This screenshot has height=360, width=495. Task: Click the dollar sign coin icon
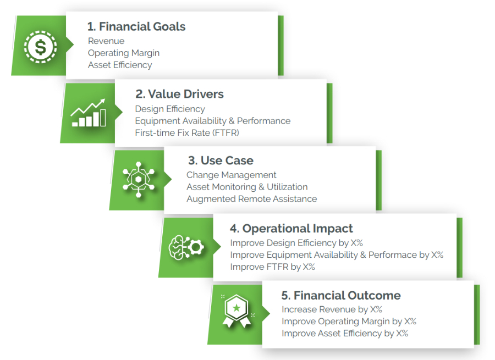tap(40, 46)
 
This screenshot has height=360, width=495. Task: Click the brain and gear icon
tap(186, 247)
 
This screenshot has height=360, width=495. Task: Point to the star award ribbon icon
tap(237, 313)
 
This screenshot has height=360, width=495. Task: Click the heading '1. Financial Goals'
tap(136, 26)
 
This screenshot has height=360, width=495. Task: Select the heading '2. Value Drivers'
tap(179, 94)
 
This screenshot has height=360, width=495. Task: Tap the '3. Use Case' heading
tap(221, 161)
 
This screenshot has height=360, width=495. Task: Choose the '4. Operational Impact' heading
tap(291, 229)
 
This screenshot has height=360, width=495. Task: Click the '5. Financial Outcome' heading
tap(341, 296)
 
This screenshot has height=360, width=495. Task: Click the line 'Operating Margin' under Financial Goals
tap(124, 53)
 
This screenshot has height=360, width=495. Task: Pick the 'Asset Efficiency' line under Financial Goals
tap(120, 65)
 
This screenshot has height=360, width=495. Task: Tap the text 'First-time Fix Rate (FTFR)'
tap(187, 132)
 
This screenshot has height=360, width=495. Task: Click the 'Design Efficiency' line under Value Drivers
tap(170, 109)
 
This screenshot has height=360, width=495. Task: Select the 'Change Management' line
tap(232, 175)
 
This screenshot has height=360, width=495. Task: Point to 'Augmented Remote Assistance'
tap(251, 199)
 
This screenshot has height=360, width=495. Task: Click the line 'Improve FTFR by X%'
tap(272, 267)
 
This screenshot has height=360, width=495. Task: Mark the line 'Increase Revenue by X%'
tap(332, 309)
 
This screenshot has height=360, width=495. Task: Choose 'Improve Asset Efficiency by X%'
tap(344, 333)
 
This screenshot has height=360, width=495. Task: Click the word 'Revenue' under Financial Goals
tap(106, 41)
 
